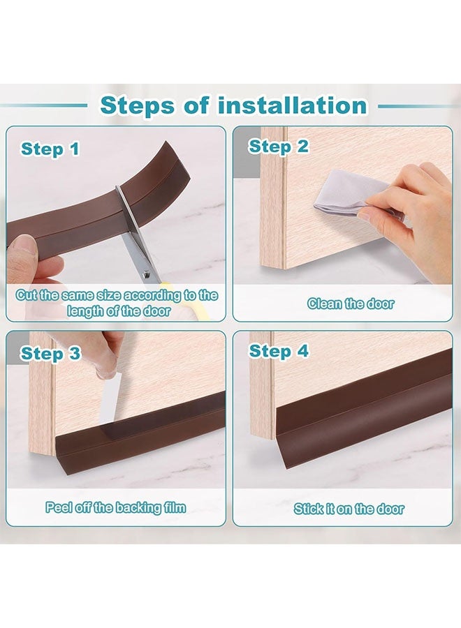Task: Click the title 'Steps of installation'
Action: tap(233, 105)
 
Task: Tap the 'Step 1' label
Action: tap(50, 149)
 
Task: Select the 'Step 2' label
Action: tap(279, 147)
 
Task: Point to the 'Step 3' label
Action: tap(50, 353)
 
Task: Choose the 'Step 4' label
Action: tap(279, 351)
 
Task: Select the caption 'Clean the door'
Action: tap(351, 304)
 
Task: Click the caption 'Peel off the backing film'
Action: tap(116, 507)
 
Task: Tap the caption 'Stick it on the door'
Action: tap(349, 509)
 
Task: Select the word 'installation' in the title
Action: tap(292, 105)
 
